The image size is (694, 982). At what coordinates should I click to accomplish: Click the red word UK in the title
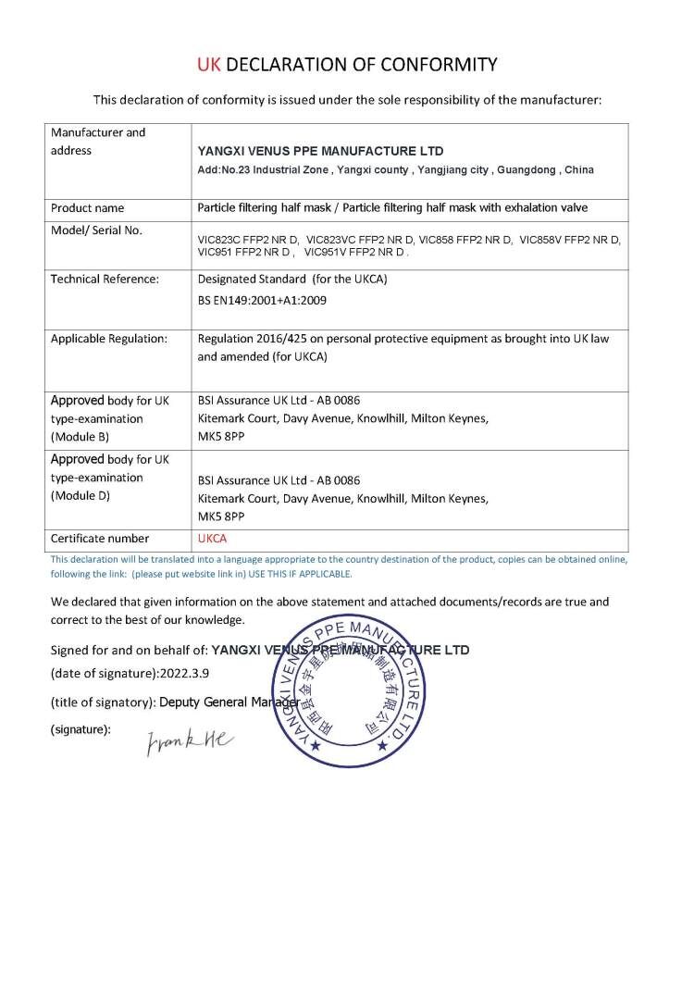[x=209, y=65]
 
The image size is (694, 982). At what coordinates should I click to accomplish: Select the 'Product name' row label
[x=87, y=208]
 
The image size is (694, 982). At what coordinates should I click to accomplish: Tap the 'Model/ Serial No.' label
[x=96, y=230]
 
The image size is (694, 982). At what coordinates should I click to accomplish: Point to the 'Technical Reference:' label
[x=105, y=279]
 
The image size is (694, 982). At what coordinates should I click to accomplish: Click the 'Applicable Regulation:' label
[x=109, y=339]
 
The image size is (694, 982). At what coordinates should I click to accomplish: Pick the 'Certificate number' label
[x=99, y=539]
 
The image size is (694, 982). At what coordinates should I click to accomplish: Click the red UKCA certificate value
[x=213, y=539]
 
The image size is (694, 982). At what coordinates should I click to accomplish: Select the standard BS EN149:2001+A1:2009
[x=262, y=300]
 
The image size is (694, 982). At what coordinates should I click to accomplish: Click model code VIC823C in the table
[x=220, y=240]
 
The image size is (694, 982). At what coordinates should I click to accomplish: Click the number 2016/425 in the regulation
[x=280, y=339]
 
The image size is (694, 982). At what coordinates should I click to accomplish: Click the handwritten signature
[x=191, y=740]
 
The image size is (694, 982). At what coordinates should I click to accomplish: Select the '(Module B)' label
[x=81, y=437]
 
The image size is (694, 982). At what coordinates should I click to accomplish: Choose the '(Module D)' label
[x=81, y=496]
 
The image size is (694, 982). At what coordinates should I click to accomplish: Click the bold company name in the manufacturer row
[x=321, y=151]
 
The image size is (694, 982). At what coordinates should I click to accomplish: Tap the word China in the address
[x=578, y=170]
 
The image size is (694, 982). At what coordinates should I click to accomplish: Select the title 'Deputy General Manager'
[x=229, y=702]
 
